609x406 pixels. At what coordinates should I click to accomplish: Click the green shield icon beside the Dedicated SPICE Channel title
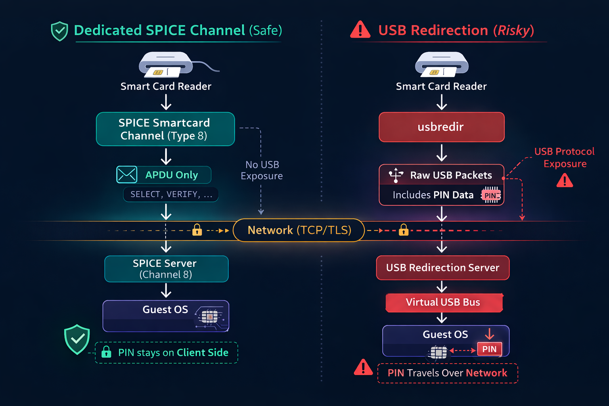[x=59, y=31]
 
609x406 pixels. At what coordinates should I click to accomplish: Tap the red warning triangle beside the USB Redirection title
[x=360, y=30]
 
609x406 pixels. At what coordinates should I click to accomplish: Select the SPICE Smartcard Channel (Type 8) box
[x=165, y=129]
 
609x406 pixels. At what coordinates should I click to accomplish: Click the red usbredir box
[x=441, y=127]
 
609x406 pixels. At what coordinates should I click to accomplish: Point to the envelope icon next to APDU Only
[x=127, y=174]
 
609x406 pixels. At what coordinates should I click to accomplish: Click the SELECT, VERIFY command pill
[x=171, y=194]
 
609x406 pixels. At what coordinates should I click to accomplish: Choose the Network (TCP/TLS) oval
[x=299, y=230]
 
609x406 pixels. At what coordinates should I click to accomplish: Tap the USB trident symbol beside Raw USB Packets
[x=396, y=175]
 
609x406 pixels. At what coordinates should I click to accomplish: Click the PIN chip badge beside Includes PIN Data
[x=491, y=195]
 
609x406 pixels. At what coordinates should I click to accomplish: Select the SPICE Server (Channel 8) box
[x=166, y=269]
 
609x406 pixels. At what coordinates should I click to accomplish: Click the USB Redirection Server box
[x=442, y=268]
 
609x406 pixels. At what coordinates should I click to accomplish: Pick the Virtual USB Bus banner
[x=444, y=303]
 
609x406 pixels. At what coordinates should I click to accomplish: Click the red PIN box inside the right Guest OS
[x=489, y=349]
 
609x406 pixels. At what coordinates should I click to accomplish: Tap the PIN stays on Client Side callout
[x=167, y=352]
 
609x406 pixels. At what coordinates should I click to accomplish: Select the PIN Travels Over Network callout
[x=447, y=373]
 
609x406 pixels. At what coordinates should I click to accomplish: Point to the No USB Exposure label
[x=262, y=170]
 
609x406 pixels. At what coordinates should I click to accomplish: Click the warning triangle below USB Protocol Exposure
[x=565, y=181]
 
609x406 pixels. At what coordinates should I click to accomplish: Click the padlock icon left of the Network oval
[x=197, y=230]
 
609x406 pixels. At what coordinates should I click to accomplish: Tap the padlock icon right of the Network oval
[x=404, y=230]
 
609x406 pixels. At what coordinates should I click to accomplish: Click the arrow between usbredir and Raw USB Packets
[x=441, y=153]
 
